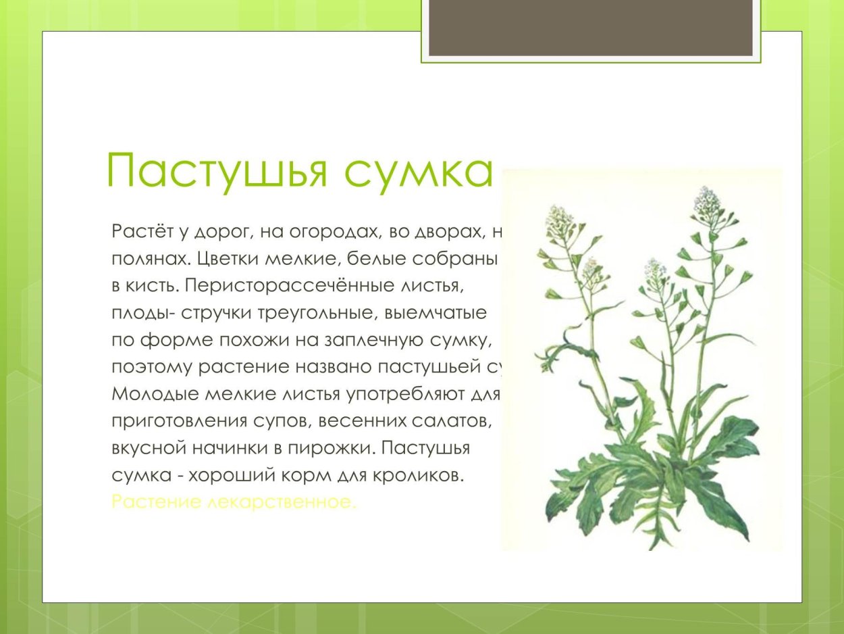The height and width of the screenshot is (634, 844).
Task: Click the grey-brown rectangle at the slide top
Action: coord(590,27)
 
